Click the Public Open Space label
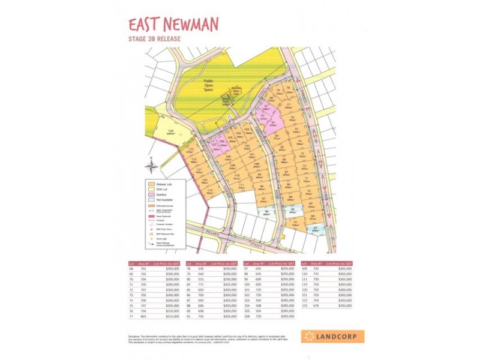(208, 85)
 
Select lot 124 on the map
(170, 132)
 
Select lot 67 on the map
(316, 229)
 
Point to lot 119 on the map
(210, 192)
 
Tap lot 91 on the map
(296, 223)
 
